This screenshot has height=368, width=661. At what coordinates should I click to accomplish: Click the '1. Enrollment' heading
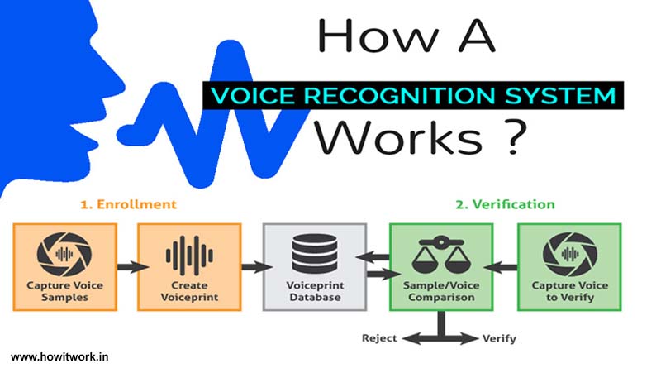tap(128, 204)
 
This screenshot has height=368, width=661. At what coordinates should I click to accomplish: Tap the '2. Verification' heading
tap(505, 204)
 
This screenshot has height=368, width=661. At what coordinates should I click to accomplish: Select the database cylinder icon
tap(315, 254)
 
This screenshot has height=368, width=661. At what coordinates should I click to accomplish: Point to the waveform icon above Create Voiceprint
tap(189, 256)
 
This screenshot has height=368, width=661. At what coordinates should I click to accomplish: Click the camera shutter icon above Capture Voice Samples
tap(64, 254)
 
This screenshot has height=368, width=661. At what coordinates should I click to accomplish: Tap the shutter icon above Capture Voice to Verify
tap(569, 254)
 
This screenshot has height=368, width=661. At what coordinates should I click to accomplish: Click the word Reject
tap(379, 338)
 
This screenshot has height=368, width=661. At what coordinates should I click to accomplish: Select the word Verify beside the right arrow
tap(499, 338)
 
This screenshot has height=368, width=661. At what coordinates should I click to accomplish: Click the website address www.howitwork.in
tap(59, 357)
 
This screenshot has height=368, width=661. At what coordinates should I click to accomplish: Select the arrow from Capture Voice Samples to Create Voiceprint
tap(133, 267)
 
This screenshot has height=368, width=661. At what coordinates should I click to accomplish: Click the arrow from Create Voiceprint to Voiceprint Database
tap(257, 267)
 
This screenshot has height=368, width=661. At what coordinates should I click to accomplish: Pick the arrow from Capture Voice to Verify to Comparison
tap(501, 267)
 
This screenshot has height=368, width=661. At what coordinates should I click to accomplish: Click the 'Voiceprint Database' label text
tap(315, 291)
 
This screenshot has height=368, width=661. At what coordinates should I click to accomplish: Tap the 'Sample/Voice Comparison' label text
tap(441, 291)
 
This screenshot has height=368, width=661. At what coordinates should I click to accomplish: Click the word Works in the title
tap(399, 137)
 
